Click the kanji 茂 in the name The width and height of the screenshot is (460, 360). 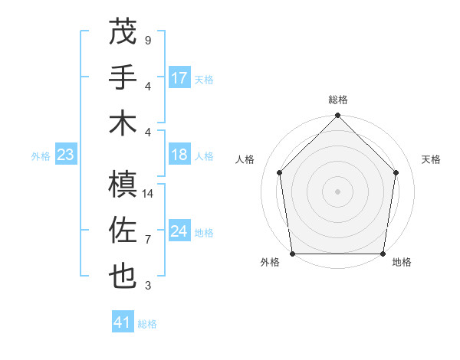tap(123, 31)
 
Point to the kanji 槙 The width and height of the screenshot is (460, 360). tap(123, 184)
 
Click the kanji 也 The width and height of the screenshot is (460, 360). tap(123, 276)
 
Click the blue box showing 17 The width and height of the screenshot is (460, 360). tap(179, 78)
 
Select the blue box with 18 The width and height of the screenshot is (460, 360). tap(179, 155)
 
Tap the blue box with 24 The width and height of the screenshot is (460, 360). tap(179, 231)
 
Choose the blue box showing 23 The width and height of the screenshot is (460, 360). tap(65, 155)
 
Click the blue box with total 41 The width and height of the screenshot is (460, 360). tap(123, 322)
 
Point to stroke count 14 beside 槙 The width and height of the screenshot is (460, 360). tap(149, 194)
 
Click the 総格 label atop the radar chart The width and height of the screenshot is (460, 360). tap(338, 100)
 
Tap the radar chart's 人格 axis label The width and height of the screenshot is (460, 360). tap(245, 159)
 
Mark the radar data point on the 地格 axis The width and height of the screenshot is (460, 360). tap(383, 254)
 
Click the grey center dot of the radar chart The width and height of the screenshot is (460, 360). tap(338, 191)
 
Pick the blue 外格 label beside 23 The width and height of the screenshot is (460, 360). tap(41, 155)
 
